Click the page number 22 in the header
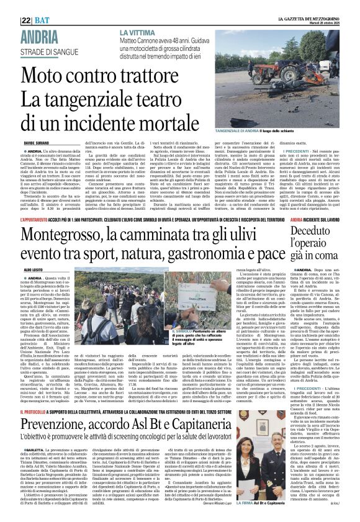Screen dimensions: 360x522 pyautogui.click(x=25, y=20)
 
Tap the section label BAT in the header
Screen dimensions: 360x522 pyautogui.click(x=43, y=20)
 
